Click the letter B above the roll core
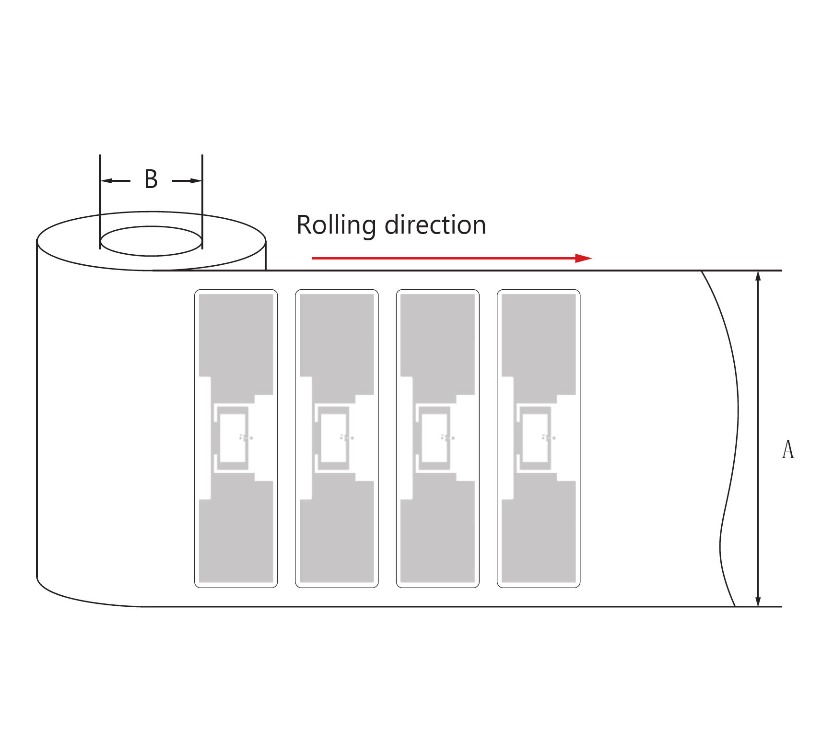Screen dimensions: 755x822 (x=151, y=180)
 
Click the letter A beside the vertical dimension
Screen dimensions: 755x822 (x=787, y=450)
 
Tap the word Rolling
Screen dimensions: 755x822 (x=336, y=225)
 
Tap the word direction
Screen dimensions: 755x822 (x=435, y=225)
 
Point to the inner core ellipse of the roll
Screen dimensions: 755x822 (x=151, y=241)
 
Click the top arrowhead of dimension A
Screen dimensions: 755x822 (x=758, y=276)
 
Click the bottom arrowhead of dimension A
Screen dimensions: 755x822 (x=758, y=601)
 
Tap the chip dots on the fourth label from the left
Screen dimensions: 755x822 (x=548, y=437)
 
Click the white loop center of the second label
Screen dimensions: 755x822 (x=333, y=437)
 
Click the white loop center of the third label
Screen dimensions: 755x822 (x=434, y=437)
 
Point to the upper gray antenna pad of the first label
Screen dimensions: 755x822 (x=236, y=336)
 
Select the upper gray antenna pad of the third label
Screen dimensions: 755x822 (x=437, y=336)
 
